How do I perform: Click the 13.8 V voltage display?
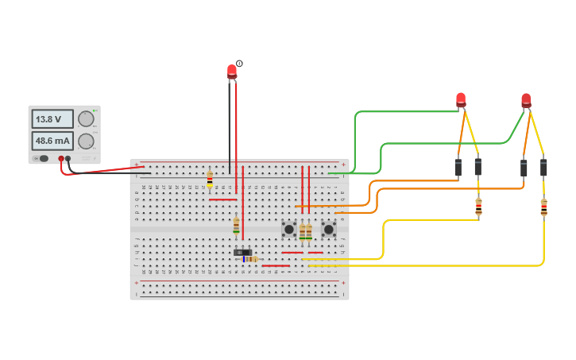click(52, 119)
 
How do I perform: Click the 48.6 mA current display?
click(52, 141)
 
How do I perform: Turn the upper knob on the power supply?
click(86, 119)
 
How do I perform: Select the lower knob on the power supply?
click(86, 142)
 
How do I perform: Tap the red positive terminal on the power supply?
click(60, 159)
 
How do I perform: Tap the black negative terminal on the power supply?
click(68, 159)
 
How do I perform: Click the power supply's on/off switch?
click(41, 158)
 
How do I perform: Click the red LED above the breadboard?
click(232, 72)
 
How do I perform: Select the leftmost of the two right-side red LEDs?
click(461, 100)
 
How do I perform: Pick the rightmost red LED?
click(526, 100)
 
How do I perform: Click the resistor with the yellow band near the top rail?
click(210, 180)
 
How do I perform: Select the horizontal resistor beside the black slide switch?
click(252, 259)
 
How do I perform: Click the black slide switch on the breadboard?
click(242, 252)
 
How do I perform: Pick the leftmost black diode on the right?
click(458, 168)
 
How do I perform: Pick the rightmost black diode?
click(543, 168)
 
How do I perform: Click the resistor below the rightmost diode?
click(543, 207)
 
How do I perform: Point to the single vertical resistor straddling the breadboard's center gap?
click(236, 226)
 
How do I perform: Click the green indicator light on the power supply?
click(95, 110)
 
